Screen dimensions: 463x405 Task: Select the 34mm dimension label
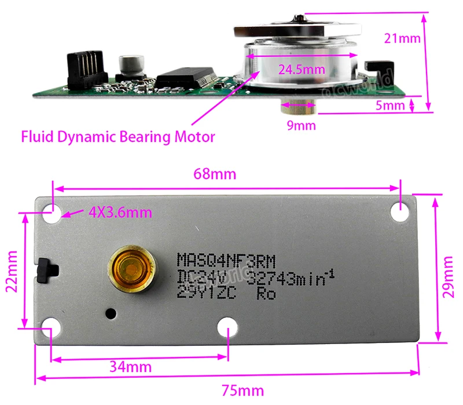[131, 366]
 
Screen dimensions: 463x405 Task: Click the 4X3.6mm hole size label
[120, 213]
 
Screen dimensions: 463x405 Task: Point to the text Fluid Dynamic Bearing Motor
[118, 137]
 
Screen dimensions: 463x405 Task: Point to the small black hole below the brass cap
[111, 313]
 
